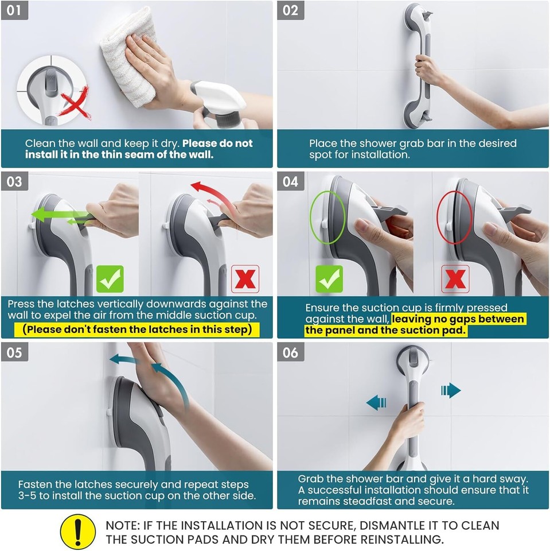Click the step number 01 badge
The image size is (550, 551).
(x=14, y=11)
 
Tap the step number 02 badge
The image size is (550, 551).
(x=291, y=11)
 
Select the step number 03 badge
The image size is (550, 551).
(x=14, y=181)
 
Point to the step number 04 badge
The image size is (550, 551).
(x=291, y=181)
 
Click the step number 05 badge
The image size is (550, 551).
(x=14, y=352)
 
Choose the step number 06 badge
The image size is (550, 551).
(x=291, y=352)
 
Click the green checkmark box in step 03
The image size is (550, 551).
(x=110, y=279)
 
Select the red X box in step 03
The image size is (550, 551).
(x=245, y=279)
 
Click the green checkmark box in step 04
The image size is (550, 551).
(x=329, y=279)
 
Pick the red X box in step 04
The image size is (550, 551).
(x=455, y=279)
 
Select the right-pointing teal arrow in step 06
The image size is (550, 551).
(x=451, y=390)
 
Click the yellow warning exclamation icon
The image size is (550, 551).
(x=78, y=531)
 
